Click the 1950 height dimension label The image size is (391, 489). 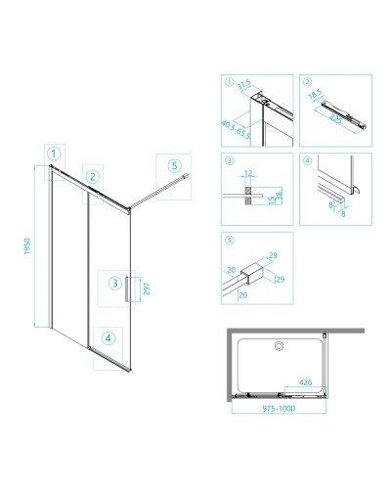pyautogui.click(x=27, y=246)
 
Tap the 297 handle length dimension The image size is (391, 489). pyautogui.click(x=147, y=289)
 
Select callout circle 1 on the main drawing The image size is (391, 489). pyautogui.click(x=54, y=154)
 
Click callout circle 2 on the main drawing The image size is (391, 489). pyautogui.click(x=93, y=177)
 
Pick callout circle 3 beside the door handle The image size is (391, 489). pyautogui.click(x=115, y=283)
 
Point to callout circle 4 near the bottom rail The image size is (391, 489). pyautogui.click(x=109, y=338)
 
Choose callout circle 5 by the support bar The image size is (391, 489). pyautogui.click(x=175, y=165)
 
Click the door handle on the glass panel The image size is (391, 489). pyautogui.click(x=126, y=289)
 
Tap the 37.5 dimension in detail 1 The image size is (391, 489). pyautogui.click(x=243, y=85)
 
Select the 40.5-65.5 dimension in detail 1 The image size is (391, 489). pyautogui.click(x=236, y=129)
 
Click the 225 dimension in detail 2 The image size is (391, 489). pyautogui.click(x=335, y=118)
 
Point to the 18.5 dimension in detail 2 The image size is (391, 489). pyautogui.click(x=315, y=94)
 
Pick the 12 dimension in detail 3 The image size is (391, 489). pyautogui.click(x=248, y=173)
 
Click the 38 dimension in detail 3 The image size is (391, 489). pyautogui.click(x=280, y=196)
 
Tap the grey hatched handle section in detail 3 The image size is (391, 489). pyautogui.click(x=248, y=196)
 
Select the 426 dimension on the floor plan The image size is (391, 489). pyautogui.click(x=306, y=382)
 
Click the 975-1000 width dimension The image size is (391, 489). pyautogui.click(x=279, y=409)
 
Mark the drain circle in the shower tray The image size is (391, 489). pyautogui.click(x=279, y=346)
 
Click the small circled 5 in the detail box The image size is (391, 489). pyautogui.click(x=230, y=241)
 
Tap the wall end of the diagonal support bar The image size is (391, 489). pyautogui.click(x=186, y=175)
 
